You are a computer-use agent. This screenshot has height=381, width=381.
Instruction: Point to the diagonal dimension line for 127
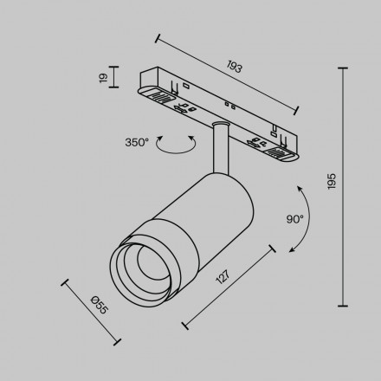[x=229, y=287]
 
